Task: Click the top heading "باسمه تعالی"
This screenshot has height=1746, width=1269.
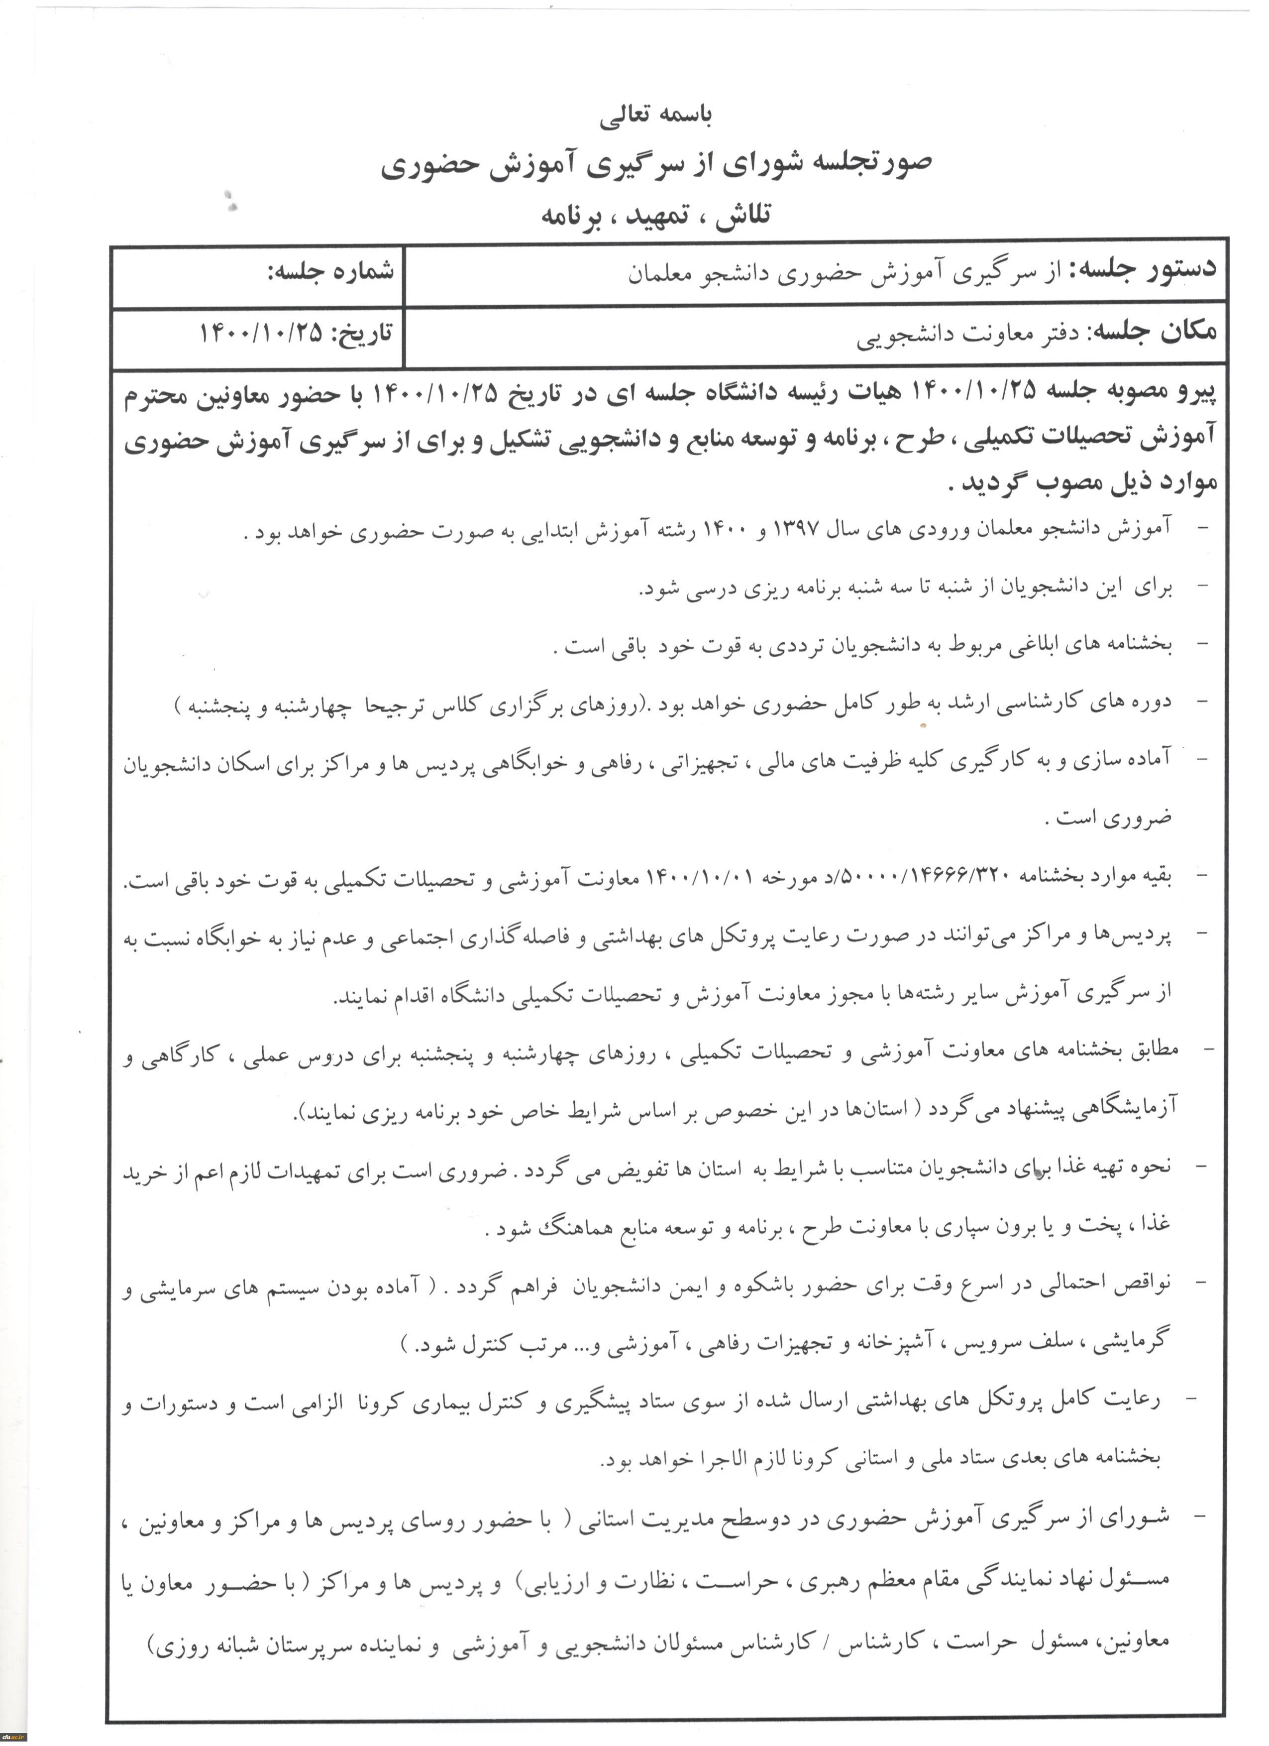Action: coord(656,116)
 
